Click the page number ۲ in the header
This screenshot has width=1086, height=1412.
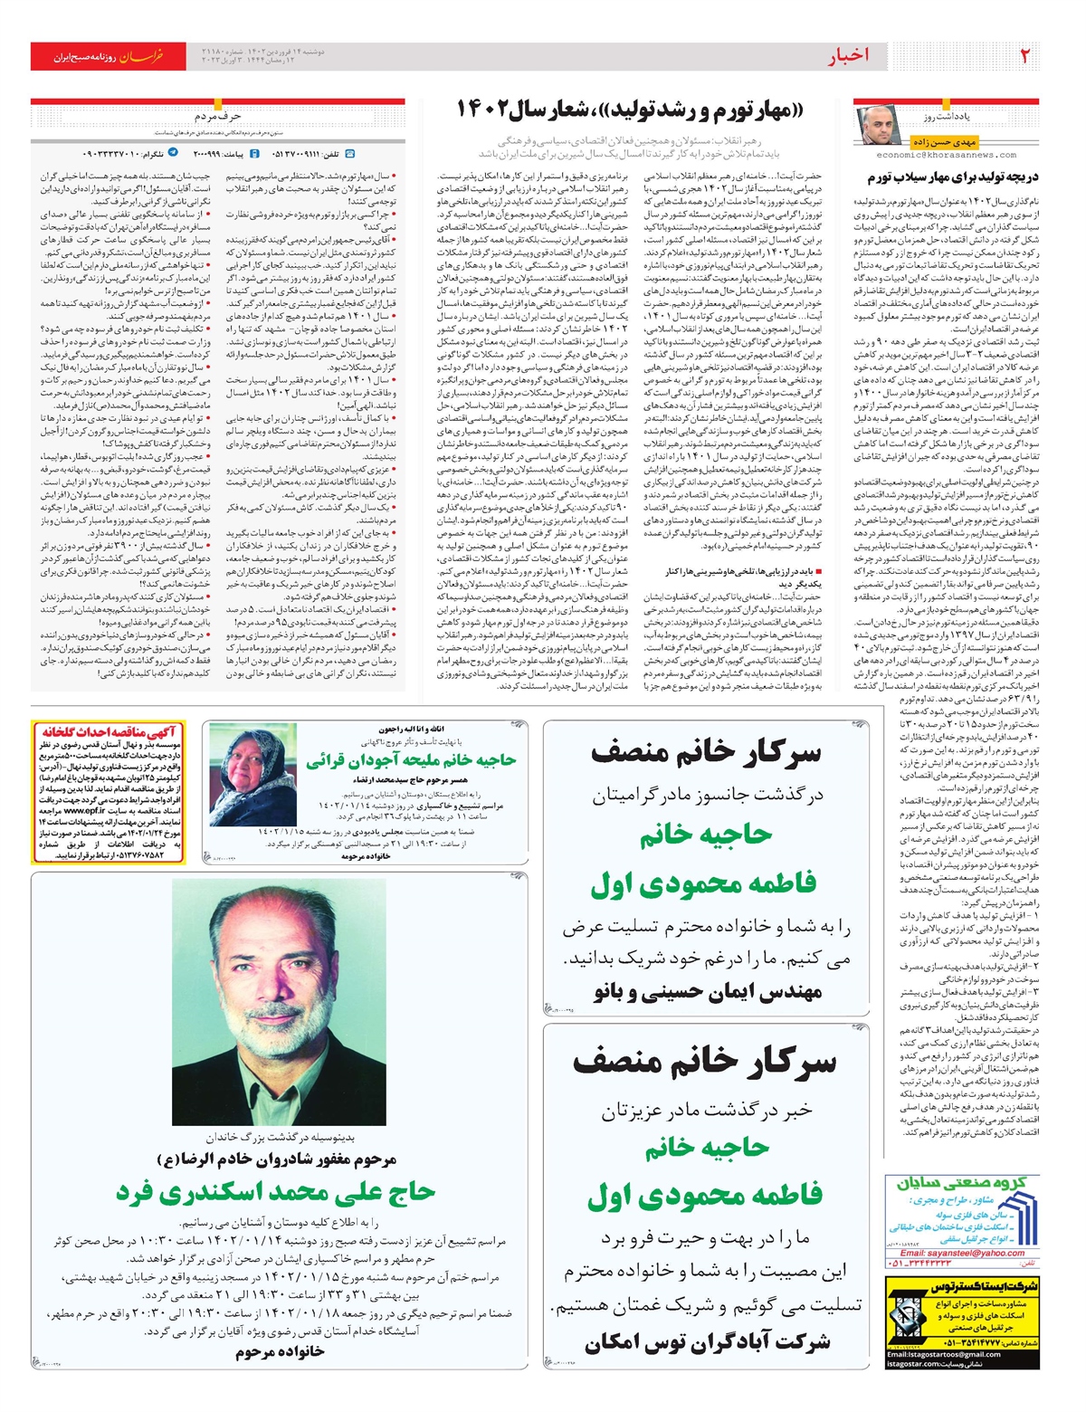coord(1024,56)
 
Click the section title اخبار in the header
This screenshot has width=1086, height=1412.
coord(848,56)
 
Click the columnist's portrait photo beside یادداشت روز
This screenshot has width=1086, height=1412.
coord(877,126)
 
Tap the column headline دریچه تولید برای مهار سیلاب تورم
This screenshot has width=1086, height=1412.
coord(953,177)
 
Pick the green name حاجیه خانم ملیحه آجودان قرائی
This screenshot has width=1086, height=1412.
coord(410,761)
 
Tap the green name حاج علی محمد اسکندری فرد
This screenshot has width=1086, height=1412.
coord(275,1192)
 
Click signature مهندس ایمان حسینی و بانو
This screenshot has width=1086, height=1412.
coord(707,992)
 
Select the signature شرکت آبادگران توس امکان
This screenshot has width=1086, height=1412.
coord(707,1342)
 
